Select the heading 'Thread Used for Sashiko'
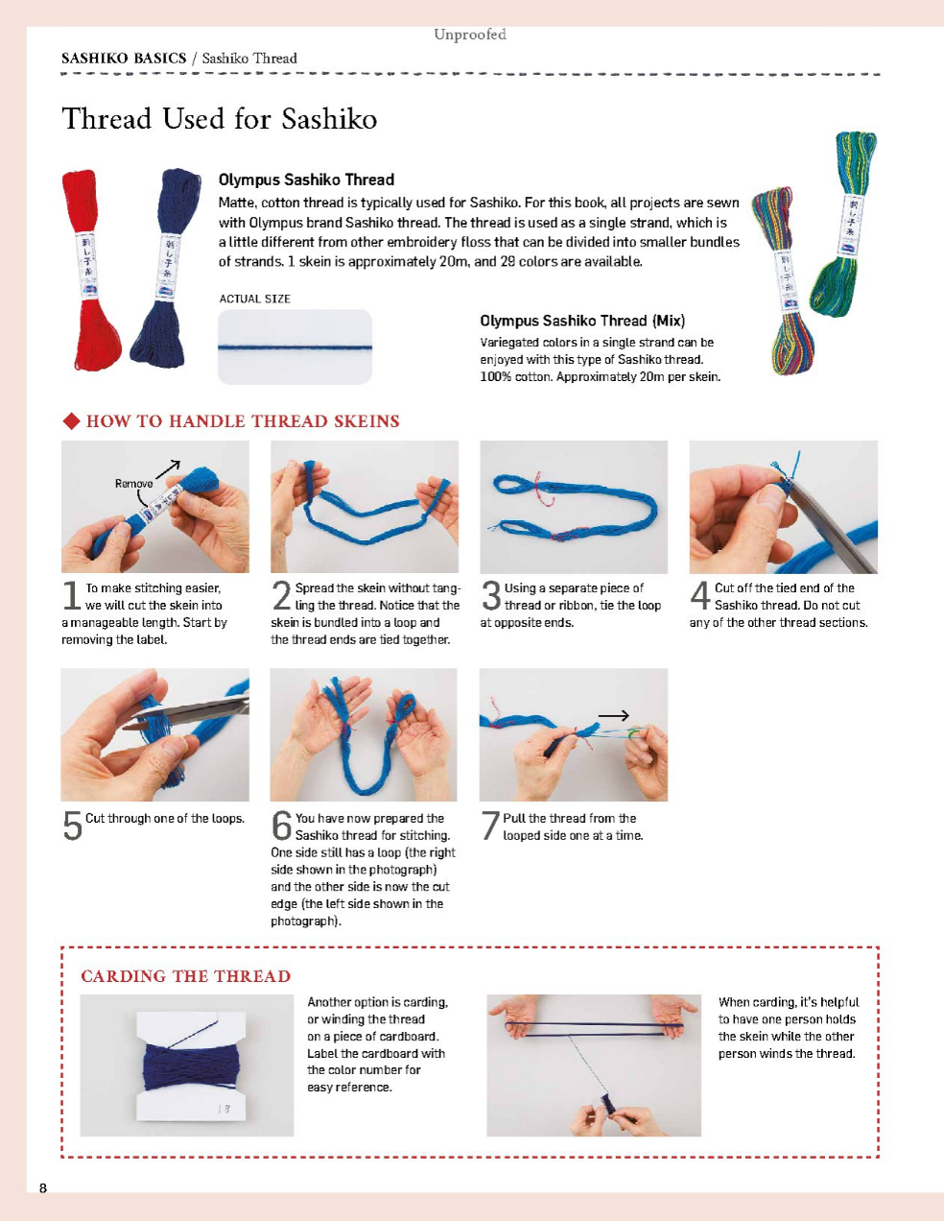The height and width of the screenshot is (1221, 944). click(x=220, y=119)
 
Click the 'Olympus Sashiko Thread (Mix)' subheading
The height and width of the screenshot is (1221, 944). click(x=582, y=321)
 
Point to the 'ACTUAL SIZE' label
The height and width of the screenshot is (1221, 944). click(x=254, y=299)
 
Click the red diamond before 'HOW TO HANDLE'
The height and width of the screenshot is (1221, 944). click(x=71, y=421)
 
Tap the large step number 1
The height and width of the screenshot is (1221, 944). click(x=71, y=596)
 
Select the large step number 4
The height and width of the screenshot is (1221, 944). click(x=700, y=596)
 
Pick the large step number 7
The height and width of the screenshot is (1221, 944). click(x=490, y=826)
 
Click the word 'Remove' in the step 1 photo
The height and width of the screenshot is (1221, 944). click(x=133, y=484)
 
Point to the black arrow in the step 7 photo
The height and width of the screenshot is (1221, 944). click(x=613, y=715)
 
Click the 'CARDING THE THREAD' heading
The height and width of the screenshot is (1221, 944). click(x=185, y=976)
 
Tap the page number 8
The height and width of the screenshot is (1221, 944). click(x=43, y=1188)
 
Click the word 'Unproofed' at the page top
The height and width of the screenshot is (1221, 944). click(x=470, y=35)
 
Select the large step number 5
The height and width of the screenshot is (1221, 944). click(x=72, y=826)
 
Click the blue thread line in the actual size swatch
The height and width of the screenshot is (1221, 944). click(x=295, y=347)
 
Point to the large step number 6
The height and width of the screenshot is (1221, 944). click(x=281, y=826)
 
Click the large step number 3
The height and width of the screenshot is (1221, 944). click(x=491, y=596)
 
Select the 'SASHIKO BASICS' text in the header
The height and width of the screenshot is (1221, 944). click(x=124, y=59)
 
